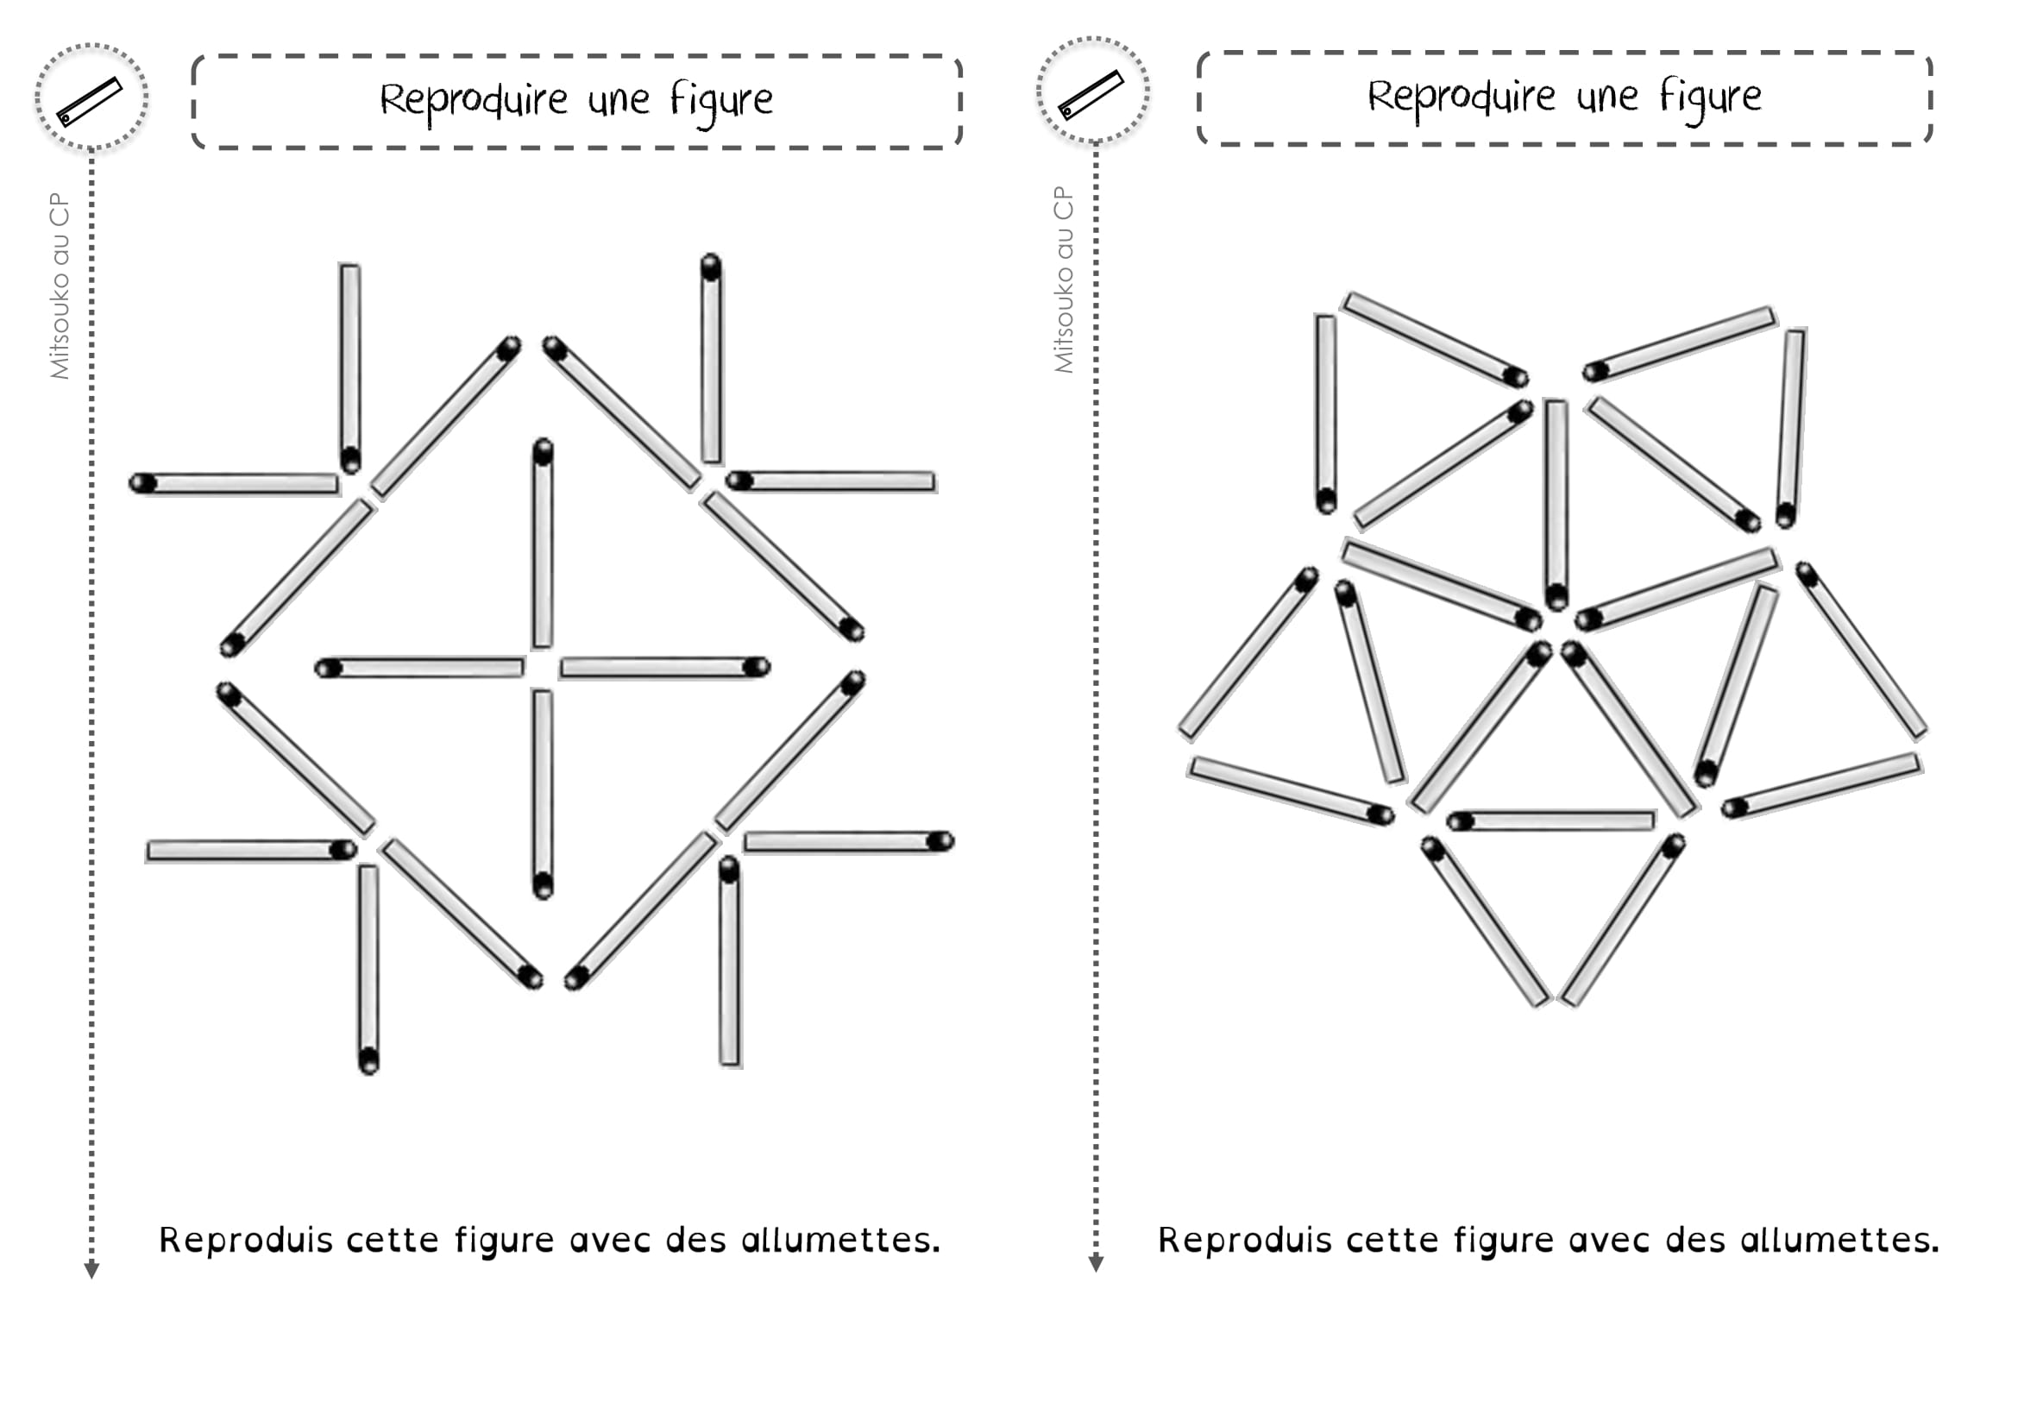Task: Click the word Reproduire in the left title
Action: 473,100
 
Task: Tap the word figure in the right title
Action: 1710,97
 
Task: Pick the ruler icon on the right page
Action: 1091,95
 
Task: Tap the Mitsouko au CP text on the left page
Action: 59,286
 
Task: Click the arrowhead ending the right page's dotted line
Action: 1096,1264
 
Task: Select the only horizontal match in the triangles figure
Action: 1551,820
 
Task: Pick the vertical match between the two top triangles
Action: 1556,505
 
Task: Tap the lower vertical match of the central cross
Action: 544,795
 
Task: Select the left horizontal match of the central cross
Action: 419,668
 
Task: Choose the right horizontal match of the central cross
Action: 665,668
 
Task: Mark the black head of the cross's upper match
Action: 544,450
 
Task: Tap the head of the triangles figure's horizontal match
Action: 1460,821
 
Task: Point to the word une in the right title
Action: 1606,97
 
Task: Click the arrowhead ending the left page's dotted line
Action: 91,1271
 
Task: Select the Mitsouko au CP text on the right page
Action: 1064,280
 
